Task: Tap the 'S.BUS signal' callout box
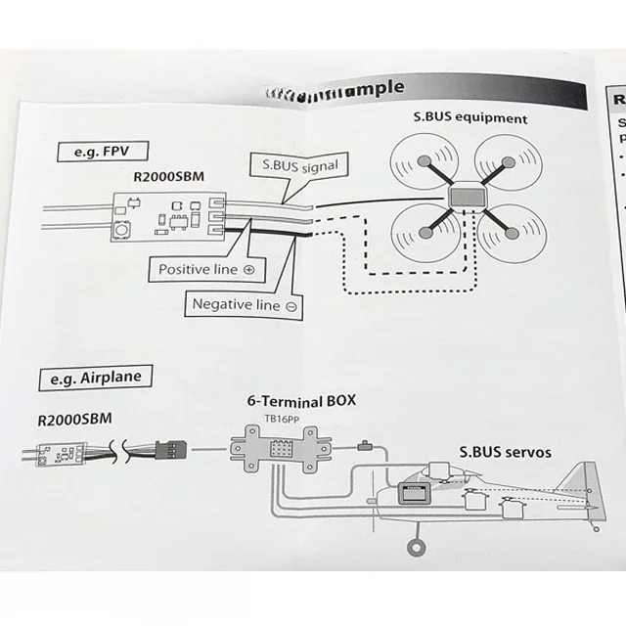tap(294, 166)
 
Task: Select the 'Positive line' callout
tap(205, 268)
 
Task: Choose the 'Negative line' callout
tap(245, 304)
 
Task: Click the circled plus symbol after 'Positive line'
tap(248, 268)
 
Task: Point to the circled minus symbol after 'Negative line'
tap(291, 305)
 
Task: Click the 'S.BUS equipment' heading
tap(469, 118)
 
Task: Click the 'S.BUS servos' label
tap(505, 453)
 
